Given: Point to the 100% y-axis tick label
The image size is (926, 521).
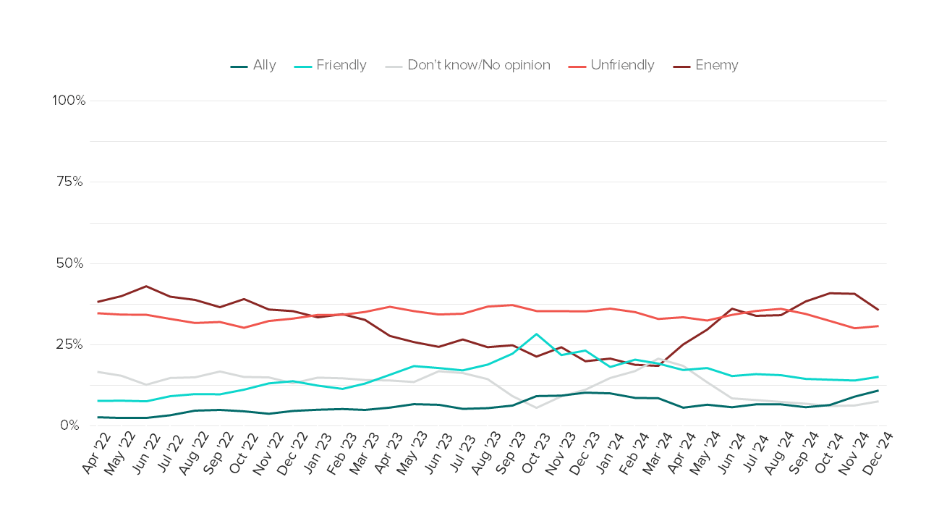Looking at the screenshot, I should tap(69, 101).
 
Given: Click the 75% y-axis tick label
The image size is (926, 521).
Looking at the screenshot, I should tap(70, 182).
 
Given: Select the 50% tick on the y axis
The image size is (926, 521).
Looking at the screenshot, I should tap(70, 263).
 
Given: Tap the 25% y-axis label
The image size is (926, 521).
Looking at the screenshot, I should tap(70, 344).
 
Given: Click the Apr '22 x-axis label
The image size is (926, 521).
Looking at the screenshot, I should tap(96, 454).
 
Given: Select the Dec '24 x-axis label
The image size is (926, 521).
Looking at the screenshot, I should tap(878, 454).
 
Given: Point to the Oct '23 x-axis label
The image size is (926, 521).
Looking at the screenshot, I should tap(535, 454).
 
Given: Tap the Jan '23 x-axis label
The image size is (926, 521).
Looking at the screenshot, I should tap(316, 454).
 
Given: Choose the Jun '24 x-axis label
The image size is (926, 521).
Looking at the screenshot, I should tap(731, 454).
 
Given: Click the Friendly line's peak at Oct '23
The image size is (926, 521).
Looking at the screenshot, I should tap(536, 334).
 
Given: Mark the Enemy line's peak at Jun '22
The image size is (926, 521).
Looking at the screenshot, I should tap(146, 286).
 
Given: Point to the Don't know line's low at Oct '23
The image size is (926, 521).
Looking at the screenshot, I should tap(536, 407).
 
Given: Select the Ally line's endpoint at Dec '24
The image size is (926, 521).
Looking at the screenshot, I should tap(878, 391).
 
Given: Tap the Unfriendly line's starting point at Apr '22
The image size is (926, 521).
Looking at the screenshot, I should tap(98, 313).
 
